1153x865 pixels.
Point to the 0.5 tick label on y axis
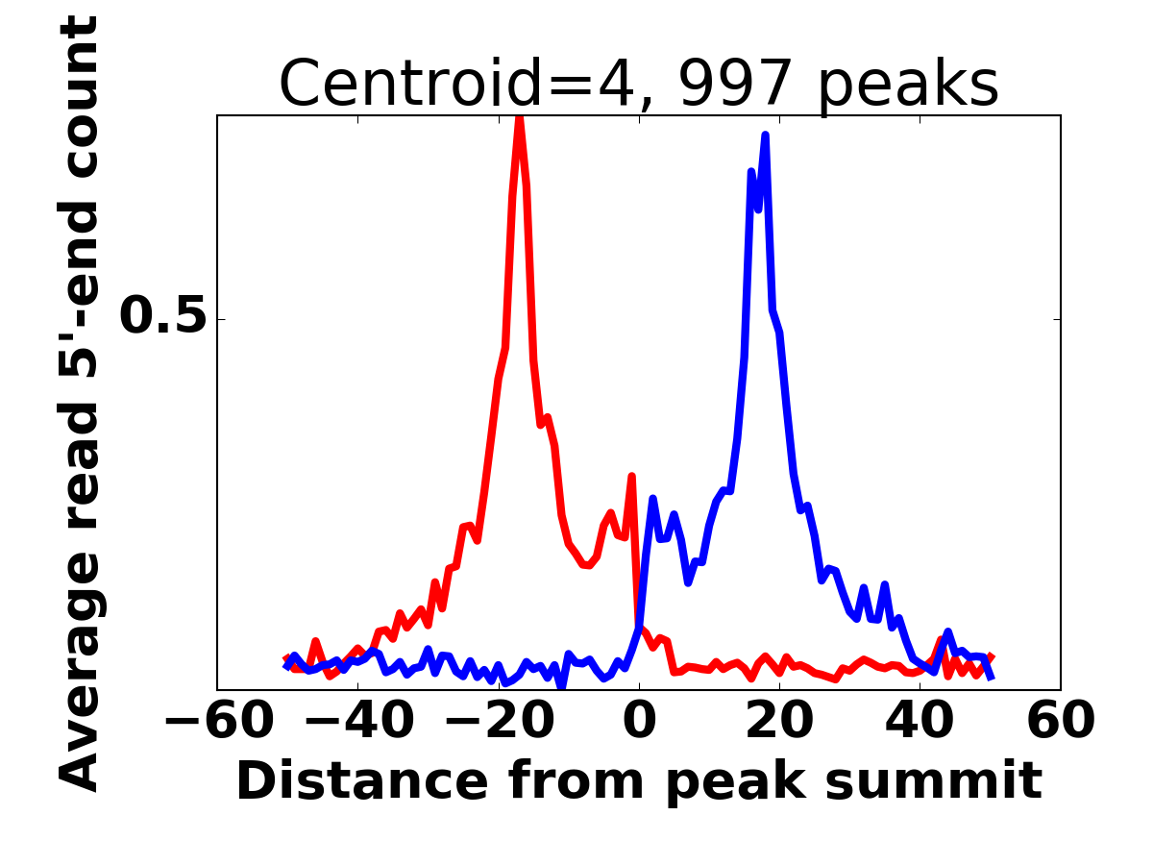163,318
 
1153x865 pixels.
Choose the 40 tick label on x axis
920,723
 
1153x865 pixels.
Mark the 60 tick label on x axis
1060,723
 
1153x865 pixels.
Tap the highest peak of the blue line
766,136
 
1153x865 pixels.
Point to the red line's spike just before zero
631,476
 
